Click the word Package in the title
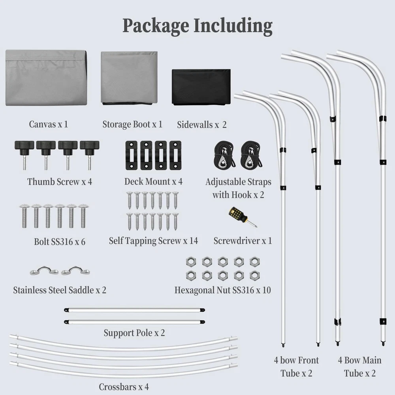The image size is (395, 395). [156, 26]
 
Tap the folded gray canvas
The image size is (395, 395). [46, 77]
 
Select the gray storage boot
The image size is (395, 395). [129, 77]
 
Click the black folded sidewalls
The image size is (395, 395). [201, 87]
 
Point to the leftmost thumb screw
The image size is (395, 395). [24, 152]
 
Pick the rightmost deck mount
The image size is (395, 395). [175, 155]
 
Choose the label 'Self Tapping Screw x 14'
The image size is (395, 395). [153, 241]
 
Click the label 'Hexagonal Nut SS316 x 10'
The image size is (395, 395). [223, 290]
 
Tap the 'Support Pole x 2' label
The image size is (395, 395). [134, 333]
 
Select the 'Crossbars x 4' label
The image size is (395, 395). [124, 386]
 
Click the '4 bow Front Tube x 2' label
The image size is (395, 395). [296, 366]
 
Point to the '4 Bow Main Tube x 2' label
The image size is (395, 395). [359, 366]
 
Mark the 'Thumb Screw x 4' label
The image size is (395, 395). [60, 182]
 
